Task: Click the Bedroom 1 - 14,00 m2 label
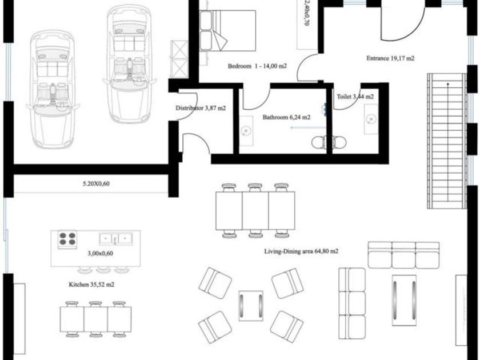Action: coord(257,66)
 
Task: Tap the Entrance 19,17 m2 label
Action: coord(390,58)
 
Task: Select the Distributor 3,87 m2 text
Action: coord(201,108)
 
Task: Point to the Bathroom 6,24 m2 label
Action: coord(286,117)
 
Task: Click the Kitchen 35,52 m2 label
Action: coord(91,285)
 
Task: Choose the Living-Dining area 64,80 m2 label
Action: coord(301,251)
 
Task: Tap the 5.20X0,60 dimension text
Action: coord(96,183)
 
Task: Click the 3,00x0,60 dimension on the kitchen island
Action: coord(100,253)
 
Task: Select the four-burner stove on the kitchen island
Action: coord(67,239)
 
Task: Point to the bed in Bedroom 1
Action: coord(227,30)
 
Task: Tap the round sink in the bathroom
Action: coord(245,131)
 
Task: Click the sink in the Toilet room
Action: coord(371,119)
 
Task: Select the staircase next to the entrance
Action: coord(447,141)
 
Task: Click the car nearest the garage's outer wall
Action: coord(53,89)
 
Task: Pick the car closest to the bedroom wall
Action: coord(130,63)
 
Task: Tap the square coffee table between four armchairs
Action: coord(251,306)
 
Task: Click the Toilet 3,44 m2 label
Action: coord(355,97)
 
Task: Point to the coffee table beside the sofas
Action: coord(404,300)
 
